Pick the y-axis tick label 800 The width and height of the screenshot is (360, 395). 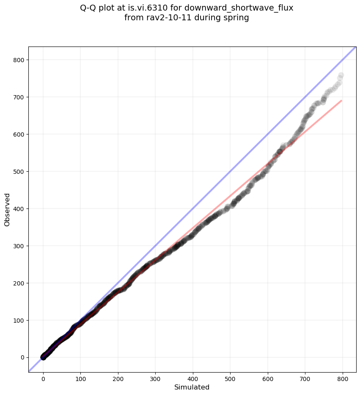[19, 60]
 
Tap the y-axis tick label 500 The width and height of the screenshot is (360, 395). [19, 172]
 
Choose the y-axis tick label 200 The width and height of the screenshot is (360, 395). [19, 283]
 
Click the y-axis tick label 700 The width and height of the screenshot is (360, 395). [19, 97]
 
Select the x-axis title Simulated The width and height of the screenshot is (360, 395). [192, 387]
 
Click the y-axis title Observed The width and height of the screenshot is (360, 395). [7, 209]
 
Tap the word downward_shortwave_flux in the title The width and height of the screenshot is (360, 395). [239, 8]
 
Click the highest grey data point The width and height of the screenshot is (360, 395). [341, 76]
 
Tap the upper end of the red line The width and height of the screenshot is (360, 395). [341, 101]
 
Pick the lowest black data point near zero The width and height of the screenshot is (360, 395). [43, 357]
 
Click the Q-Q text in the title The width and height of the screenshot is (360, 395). [90, 8]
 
